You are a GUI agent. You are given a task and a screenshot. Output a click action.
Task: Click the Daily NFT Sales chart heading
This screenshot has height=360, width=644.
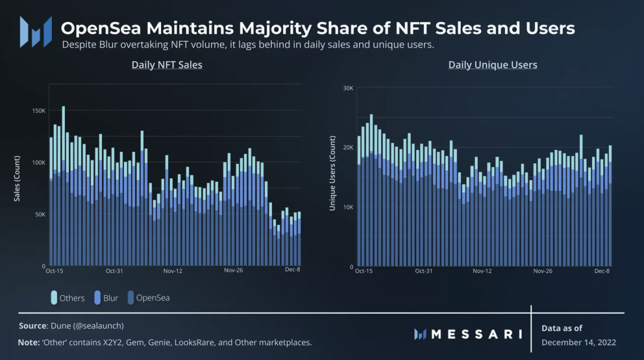tap(167, 64)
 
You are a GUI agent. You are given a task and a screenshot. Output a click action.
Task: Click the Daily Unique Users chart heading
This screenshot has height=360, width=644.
tap(493, 64)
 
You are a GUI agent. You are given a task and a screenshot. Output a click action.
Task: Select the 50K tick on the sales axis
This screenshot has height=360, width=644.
tap(39, 214)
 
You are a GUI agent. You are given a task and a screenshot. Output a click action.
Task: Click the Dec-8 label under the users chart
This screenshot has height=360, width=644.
tap(602, 271)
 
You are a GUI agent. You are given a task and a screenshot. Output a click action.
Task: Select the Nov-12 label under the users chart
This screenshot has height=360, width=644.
tap(482, 271)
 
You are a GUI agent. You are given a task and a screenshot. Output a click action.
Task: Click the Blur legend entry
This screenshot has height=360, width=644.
tap(106, 297)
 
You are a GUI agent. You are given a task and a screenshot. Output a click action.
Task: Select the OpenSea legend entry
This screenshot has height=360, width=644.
tap(148, 297)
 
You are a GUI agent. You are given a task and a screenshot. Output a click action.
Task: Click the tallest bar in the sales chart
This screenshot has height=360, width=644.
tap(64, 185)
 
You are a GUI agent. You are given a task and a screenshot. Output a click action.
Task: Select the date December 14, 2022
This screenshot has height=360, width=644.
tap(578, 342)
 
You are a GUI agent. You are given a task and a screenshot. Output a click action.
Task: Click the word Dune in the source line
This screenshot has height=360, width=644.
tap(61, 325)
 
